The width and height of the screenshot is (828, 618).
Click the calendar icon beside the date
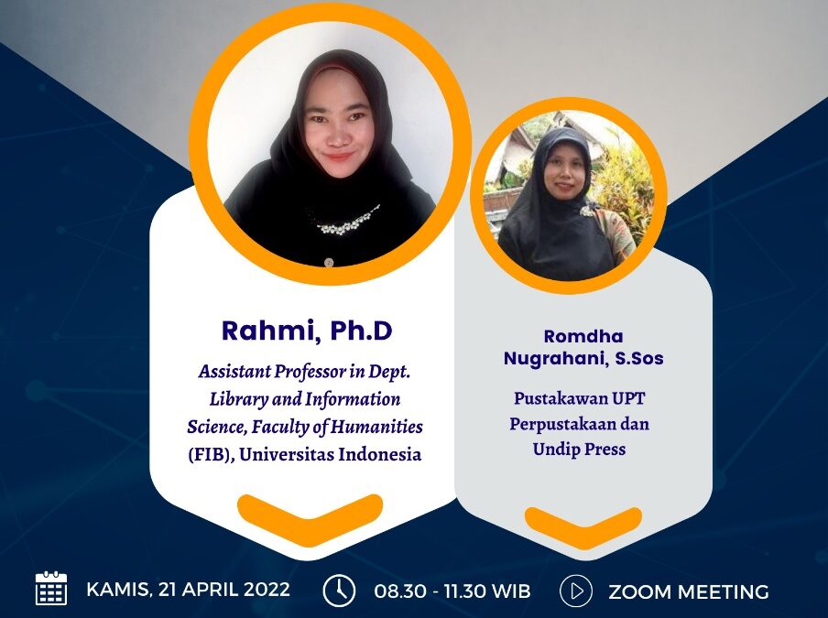pos(51,589)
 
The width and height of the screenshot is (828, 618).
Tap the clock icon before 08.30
pos(339,591)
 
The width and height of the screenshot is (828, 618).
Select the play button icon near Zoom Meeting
pos(575,591)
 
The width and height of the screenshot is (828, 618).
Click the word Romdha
pos(583,337)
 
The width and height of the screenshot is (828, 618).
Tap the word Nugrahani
pos(552,358)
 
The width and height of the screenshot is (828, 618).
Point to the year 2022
pos(265,590)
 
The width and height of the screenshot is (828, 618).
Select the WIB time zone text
pos(510,591)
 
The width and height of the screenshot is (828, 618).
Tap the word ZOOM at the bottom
pos(640,591)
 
